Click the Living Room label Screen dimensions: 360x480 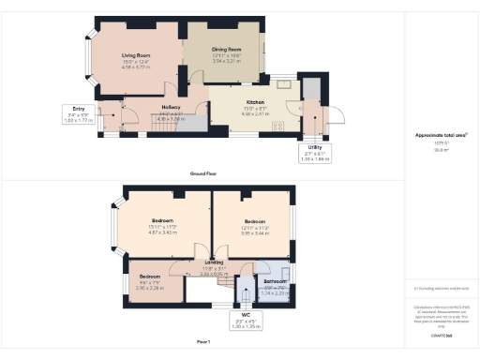[x=136, y=55]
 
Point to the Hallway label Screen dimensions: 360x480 [x=172, y=108]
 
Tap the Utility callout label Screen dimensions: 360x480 [x=316, y=147]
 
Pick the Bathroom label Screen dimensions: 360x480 [x=275, y=281]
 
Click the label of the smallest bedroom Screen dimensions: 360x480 [x=151, y=277]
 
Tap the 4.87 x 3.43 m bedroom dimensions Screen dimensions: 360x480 [x=163, y=227]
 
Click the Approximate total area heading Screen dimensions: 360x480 [x=441, y=135]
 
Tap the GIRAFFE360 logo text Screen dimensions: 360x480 [x=441, y=335]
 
